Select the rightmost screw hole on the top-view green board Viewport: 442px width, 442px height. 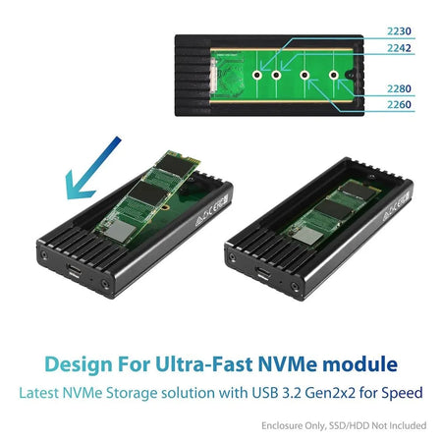(334, 74)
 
